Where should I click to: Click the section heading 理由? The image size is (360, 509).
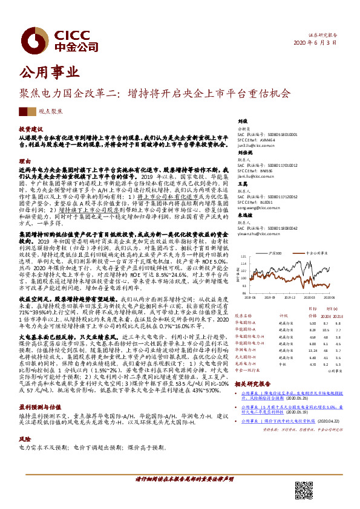24,161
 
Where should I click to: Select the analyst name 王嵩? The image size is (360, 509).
242,183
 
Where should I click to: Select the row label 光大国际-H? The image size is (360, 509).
248,357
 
